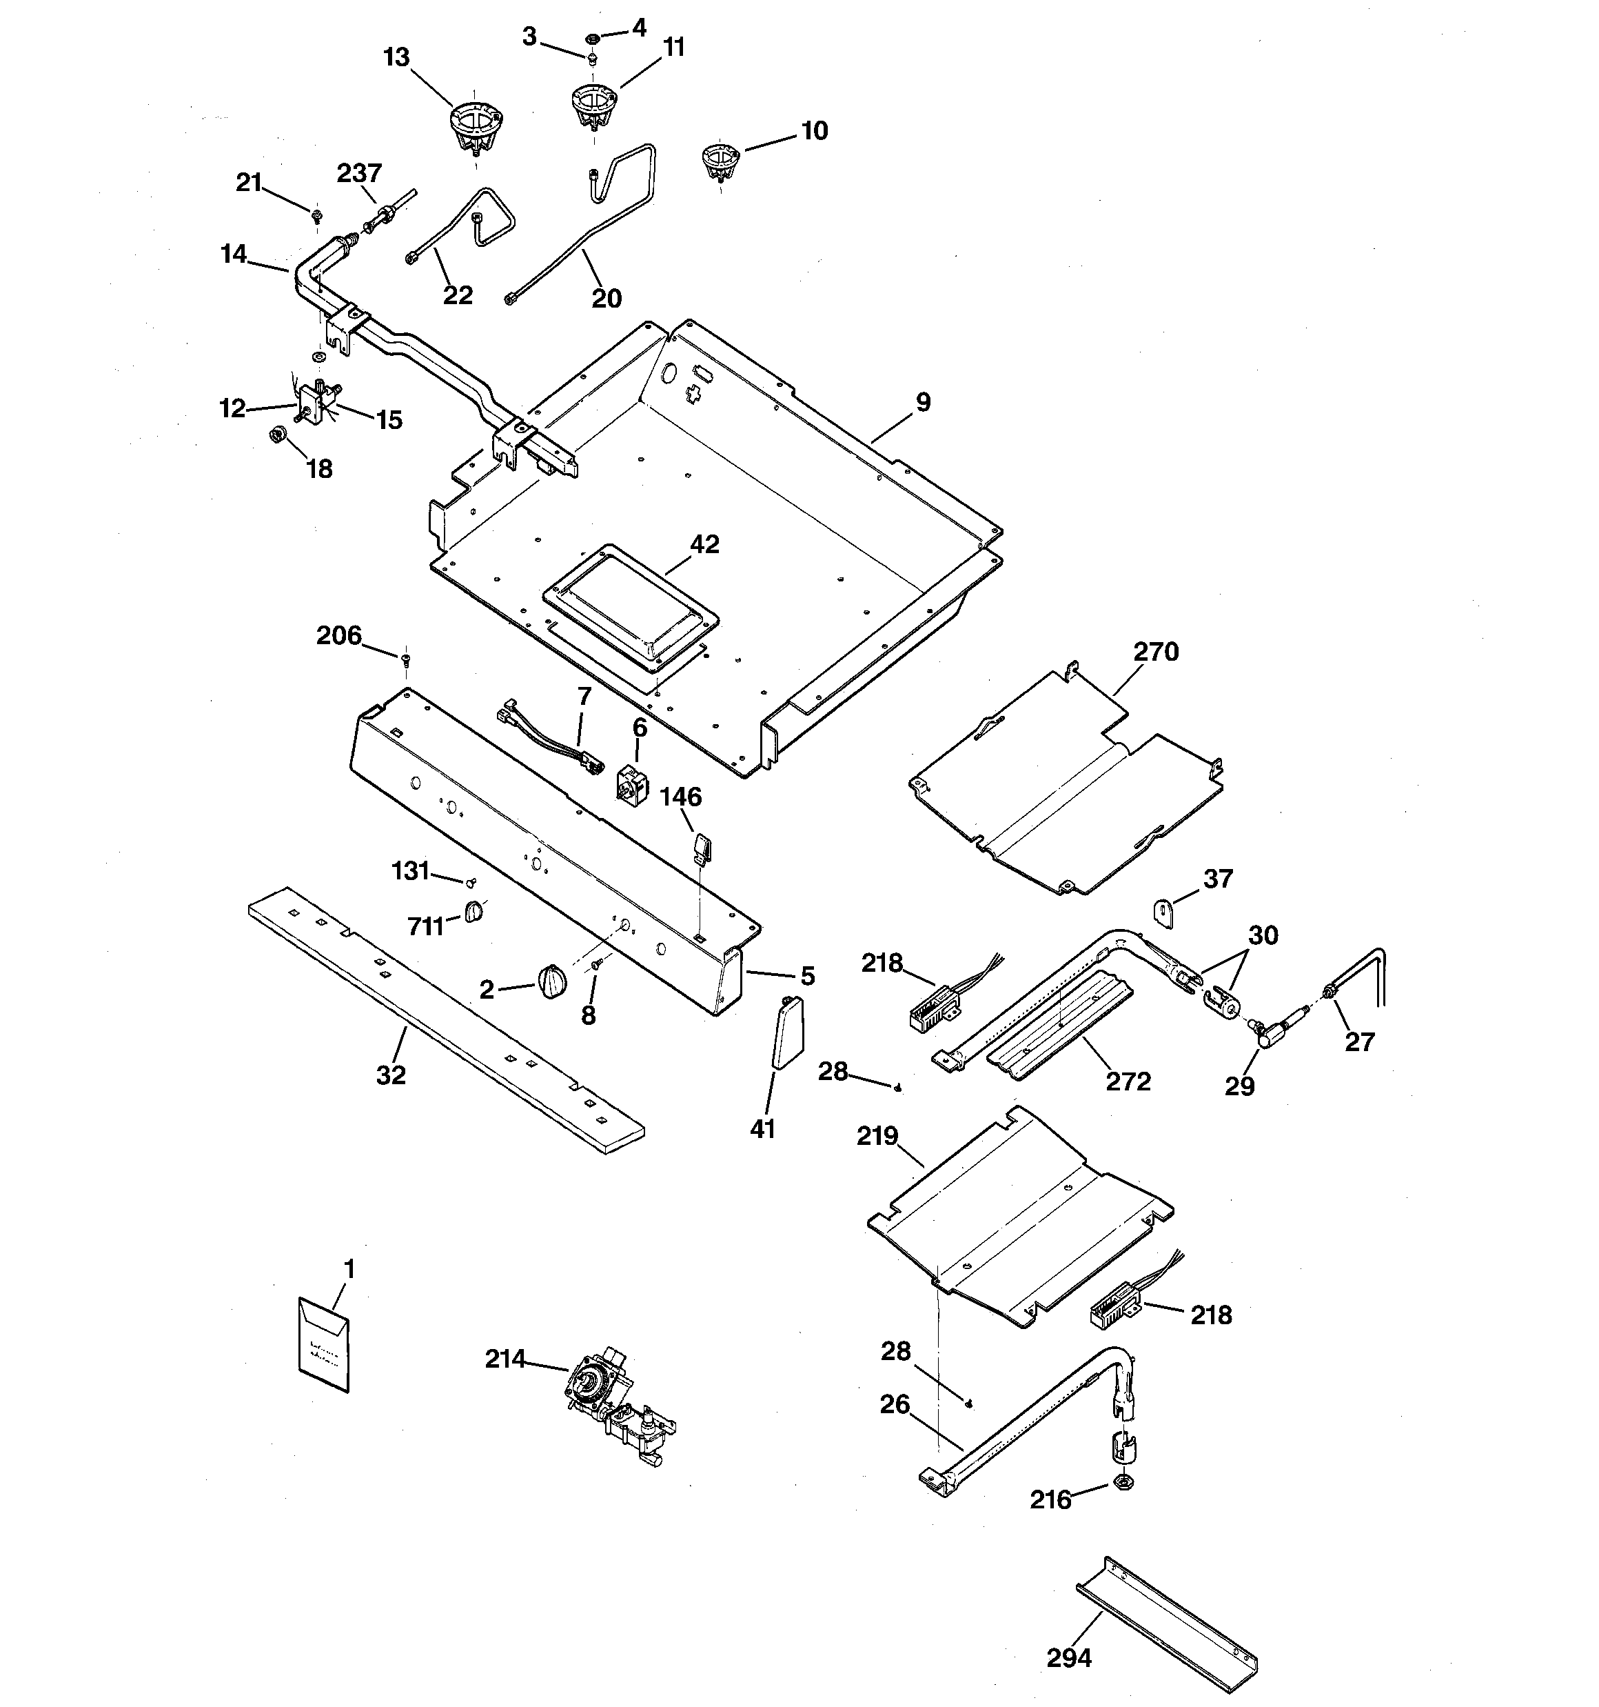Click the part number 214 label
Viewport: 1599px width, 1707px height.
pos(505,1359)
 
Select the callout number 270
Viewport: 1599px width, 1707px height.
pos(1156,652)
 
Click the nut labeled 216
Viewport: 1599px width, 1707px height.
pos(1123,1482)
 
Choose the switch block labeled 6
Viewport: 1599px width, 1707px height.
pos(633,782)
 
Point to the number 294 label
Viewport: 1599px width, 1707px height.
pos(1068,1657)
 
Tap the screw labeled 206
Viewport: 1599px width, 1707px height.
pos(406,659)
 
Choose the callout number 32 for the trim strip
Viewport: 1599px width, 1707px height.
pos(391,1074)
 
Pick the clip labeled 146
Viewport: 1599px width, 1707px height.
pos(703,848)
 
